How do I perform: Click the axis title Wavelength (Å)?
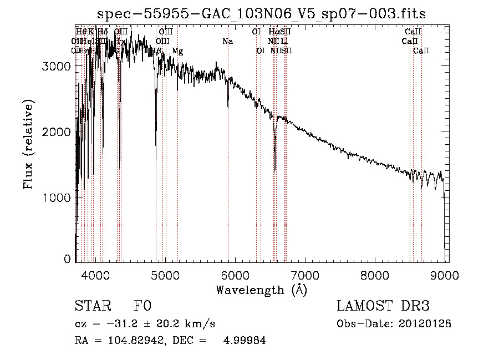pos(261,290)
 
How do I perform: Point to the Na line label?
pos(227,41)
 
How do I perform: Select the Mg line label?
pos(177,51)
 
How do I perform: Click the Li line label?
pos(284,41)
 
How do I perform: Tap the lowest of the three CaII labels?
pos(421,51)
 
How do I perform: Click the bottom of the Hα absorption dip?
pos(275,171)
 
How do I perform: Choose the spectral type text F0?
pos(142,306)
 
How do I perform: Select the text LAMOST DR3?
pos(383,306)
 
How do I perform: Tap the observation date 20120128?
pos(424,323)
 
